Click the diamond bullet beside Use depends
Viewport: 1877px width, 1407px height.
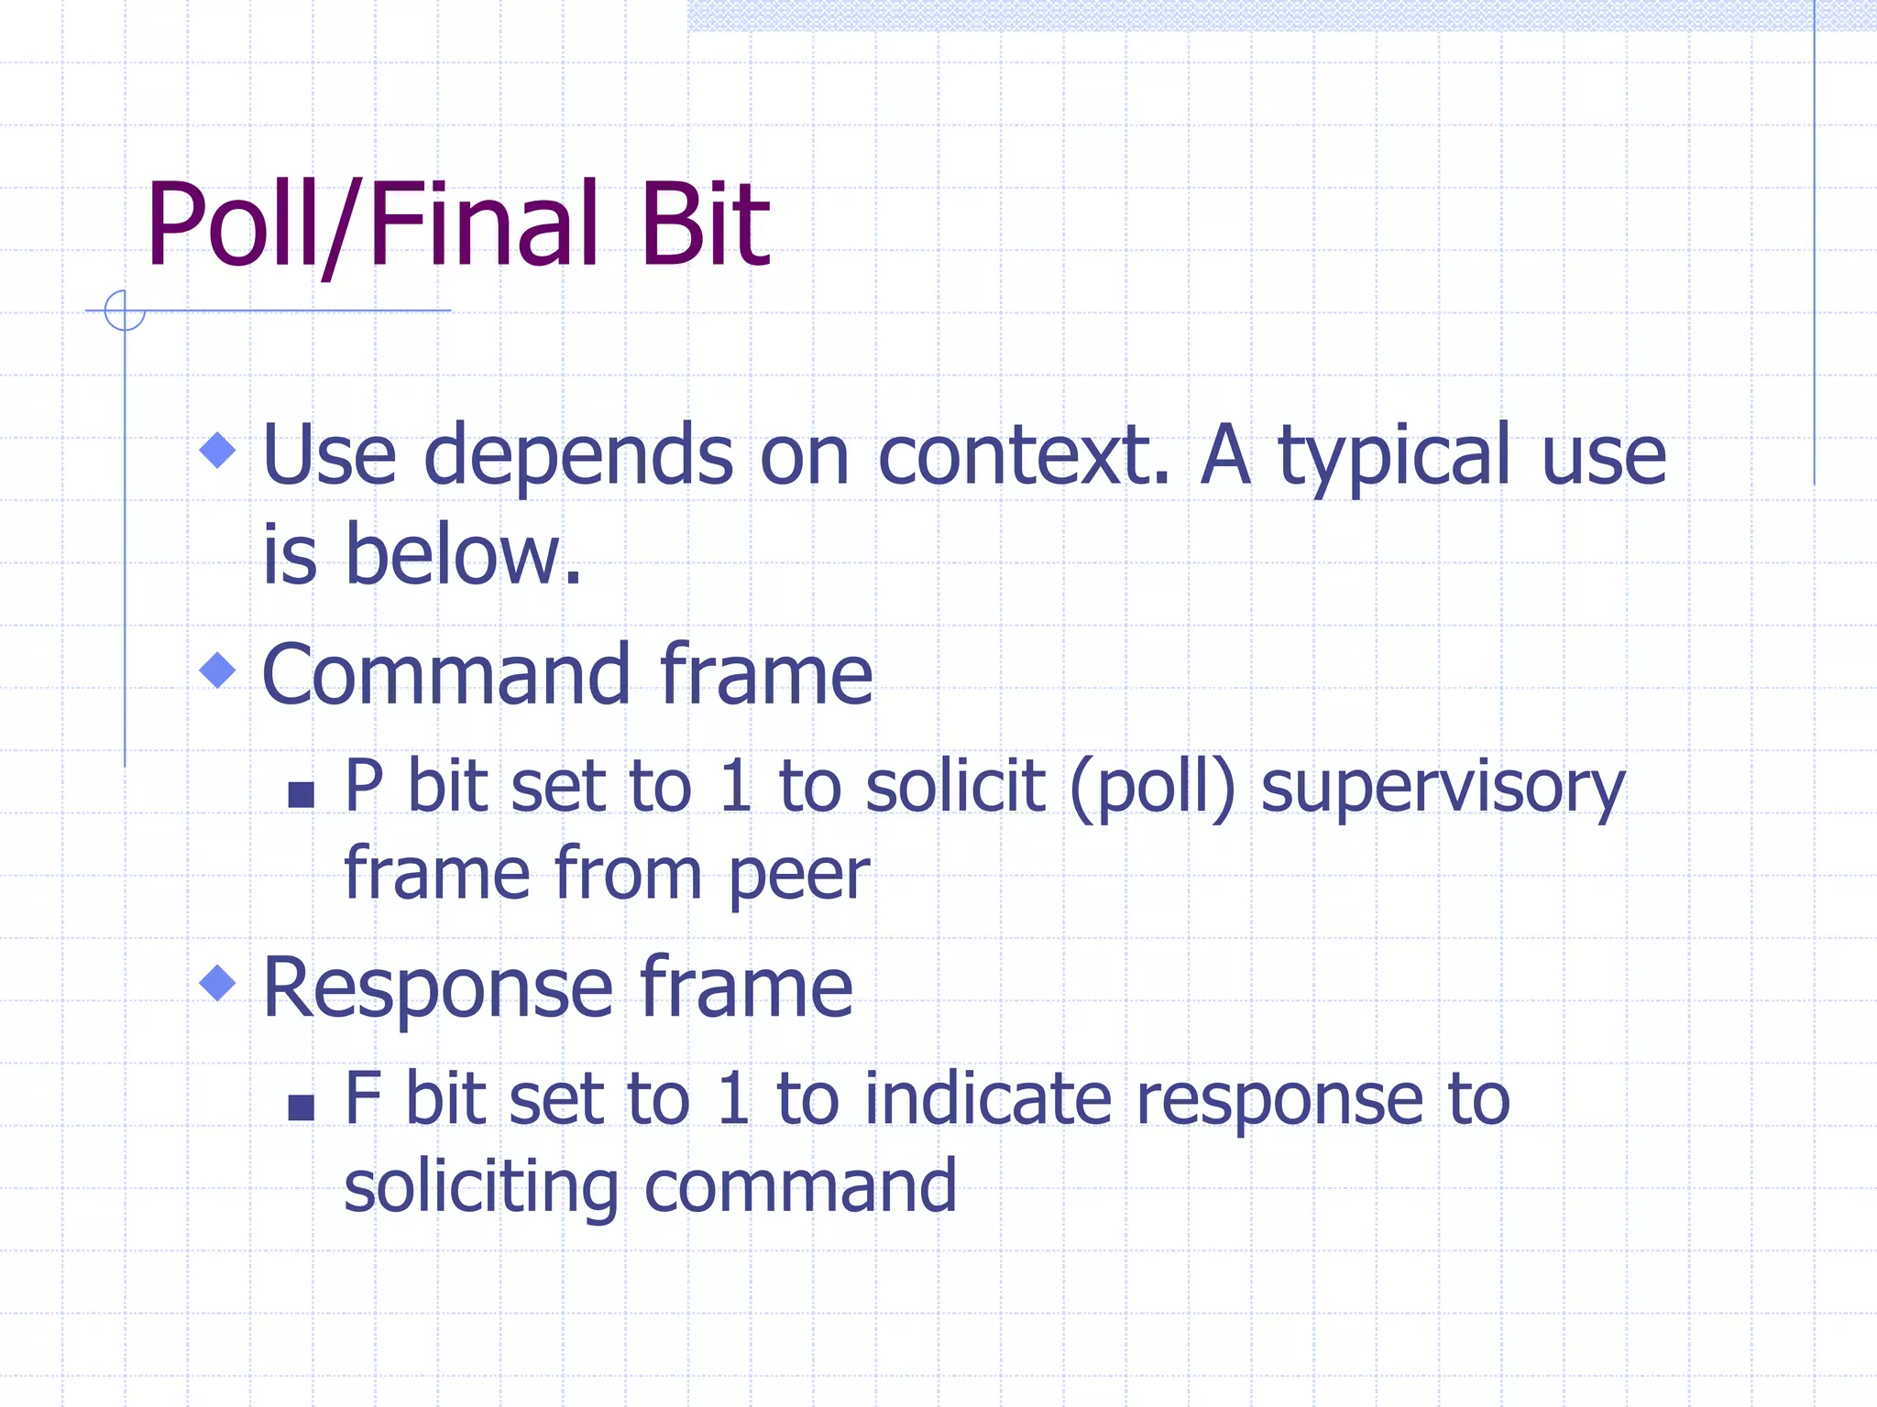(217, 450)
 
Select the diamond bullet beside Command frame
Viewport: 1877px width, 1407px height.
(217, 671)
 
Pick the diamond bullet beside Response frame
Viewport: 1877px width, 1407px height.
(217, 984)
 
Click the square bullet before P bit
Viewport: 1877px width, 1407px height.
(301, 794)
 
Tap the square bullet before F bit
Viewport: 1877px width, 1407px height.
(301, 1107)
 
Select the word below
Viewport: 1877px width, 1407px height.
(463, 555)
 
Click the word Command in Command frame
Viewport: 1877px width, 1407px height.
(445, 675)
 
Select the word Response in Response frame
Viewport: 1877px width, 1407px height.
(437, 989)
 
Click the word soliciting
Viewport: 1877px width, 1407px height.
(481, 1187)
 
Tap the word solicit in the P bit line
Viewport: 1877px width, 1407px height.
(954, 786)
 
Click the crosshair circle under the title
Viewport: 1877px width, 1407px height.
(125, 311)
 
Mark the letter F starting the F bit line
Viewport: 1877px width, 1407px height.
(362, 1099)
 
